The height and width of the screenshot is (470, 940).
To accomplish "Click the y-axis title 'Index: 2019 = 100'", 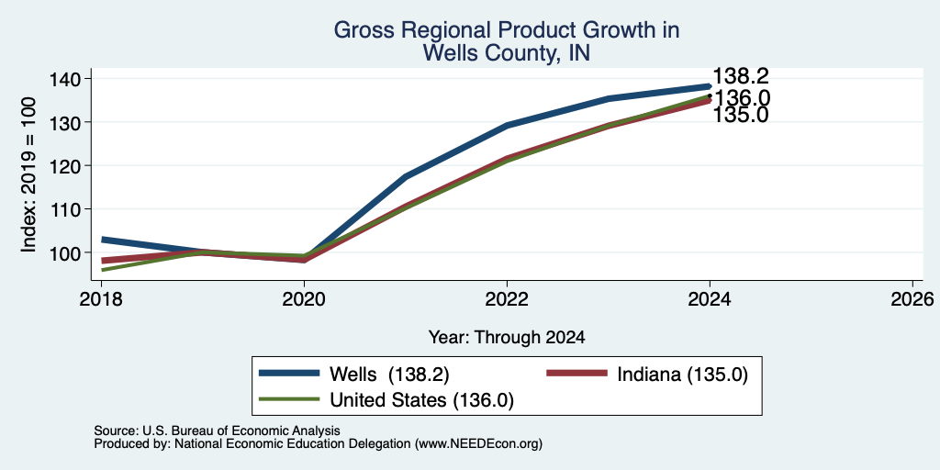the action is point(28,174).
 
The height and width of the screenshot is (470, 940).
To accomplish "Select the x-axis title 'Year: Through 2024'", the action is point(507,338).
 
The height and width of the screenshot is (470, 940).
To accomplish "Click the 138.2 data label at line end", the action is point(741,76).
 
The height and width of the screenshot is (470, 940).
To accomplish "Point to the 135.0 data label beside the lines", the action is point(741,115).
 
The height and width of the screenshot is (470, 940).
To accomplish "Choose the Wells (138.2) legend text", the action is point(389,375).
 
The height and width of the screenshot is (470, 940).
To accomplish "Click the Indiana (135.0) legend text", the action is point(682,375).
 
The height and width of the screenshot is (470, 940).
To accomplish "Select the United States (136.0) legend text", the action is point(422,400).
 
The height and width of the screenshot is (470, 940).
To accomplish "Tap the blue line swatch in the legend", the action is point(289,374).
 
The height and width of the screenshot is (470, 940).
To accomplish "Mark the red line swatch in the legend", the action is point(576,374).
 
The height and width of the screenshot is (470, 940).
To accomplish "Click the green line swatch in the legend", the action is point(289,399).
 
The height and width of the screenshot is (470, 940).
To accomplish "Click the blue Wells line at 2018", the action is point(102,240).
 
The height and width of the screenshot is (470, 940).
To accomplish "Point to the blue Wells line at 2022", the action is point(507,125).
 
